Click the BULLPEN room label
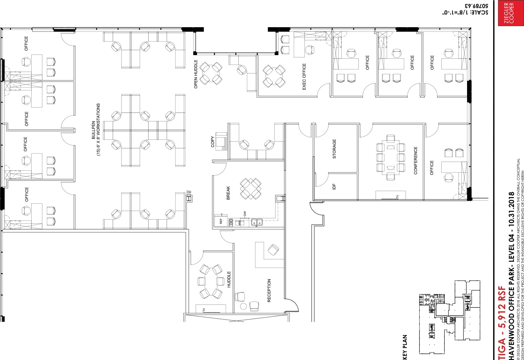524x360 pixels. click(93, 130)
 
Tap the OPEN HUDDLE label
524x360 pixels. click(196, 74)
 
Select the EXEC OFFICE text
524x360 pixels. click(304, 77)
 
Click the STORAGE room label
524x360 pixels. click(334, 149)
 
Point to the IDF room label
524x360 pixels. click(334, 186)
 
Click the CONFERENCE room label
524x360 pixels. click(416, 160)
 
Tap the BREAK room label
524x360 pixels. click(228, 193)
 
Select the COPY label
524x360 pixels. click(213, 142)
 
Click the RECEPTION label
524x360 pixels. click(269, 290)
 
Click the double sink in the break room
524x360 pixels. click(257, 222)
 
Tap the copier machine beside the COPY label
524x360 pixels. click(221, 141)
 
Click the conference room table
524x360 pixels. click(391, 158)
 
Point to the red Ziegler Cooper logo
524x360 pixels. click(509, 13)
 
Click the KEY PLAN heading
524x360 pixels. click(405, 347)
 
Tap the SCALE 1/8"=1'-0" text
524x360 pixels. click(465, 12)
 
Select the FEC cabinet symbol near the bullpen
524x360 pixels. click(189, 198)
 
